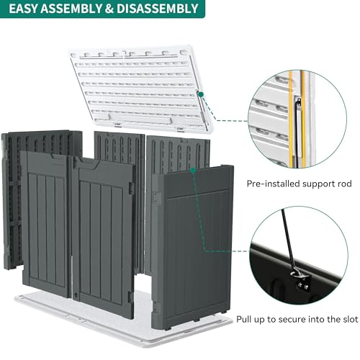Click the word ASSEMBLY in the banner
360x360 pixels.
tap(71, 9)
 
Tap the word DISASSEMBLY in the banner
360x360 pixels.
tap(157, 9)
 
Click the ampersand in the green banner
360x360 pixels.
tap(109, 9)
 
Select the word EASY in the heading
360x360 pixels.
tap(23, 9)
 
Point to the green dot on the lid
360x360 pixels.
tap(201, 94)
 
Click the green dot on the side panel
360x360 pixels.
tap(193, 171)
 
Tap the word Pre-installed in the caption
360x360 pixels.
tap(274, 184)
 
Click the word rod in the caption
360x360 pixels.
tap(343, 184)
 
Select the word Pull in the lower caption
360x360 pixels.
tap(244, 320)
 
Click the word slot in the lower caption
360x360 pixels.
tap(349, 320)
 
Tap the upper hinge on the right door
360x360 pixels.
tap(132, 188)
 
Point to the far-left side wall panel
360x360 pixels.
tap(12, 199)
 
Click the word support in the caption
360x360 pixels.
tap(318, 184)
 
